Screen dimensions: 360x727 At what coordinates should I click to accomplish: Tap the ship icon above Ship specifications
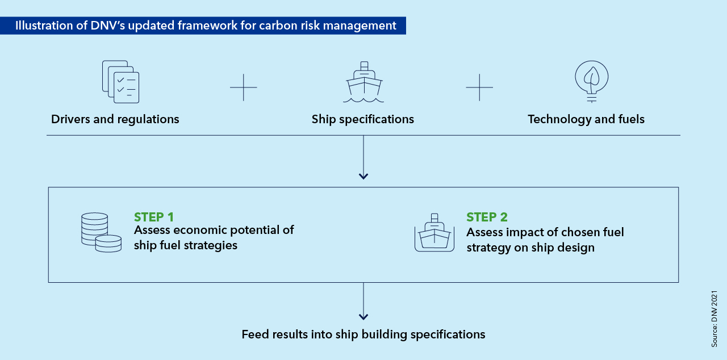tap(363, 82)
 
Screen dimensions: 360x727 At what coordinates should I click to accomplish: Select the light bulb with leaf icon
tap(591, 81)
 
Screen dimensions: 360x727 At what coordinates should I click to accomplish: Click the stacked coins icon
tap(101, 232)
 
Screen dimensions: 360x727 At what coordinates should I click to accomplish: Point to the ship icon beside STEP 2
tap(434, 233)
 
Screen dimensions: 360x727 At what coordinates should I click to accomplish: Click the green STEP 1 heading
tap(154, 217)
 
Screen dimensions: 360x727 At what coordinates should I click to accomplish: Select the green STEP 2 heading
tap(487, 217)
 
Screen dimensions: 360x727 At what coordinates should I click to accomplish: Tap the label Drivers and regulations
tap(115, 119)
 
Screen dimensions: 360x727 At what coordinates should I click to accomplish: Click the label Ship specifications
tap(363, 119)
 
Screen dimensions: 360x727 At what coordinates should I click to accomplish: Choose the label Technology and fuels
tap(586, 119)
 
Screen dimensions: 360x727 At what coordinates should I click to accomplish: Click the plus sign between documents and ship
tap(244, 87)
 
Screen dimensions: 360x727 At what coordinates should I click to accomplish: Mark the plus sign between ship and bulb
tap(479, 87)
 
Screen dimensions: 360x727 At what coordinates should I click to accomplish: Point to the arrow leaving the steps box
tap(363, 304)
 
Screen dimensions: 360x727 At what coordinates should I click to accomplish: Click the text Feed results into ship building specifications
tap(363, 334)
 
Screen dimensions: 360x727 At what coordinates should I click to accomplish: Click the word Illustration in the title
tap(40, 26)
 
